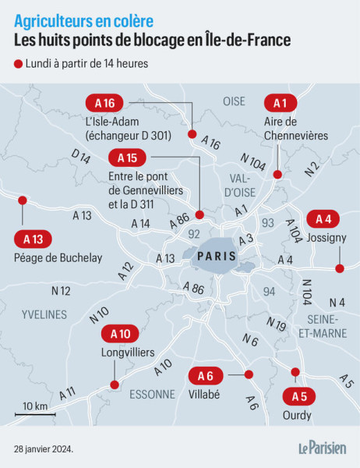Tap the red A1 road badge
click(280, 103)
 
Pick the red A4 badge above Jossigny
click(323, 219)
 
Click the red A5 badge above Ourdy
click(298, 395)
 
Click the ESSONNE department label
click(152, 394)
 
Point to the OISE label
click(234, 101)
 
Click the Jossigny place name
click(326, 237)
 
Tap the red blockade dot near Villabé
click(249, 374)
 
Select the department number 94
click(270, 292)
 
